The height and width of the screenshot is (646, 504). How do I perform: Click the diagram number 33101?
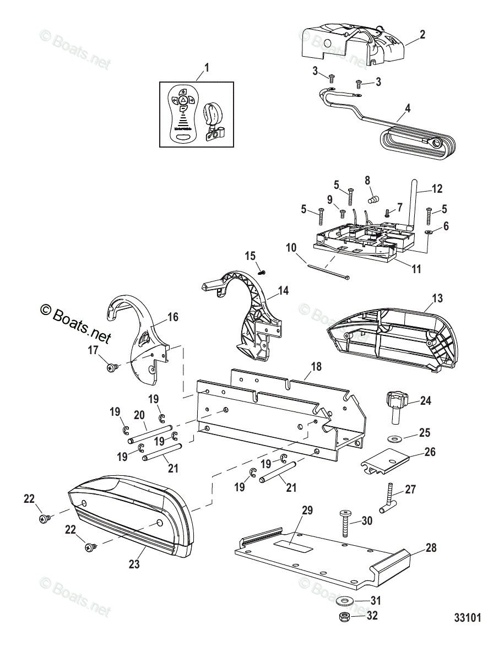468,617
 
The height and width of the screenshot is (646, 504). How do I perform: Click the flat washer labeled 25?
394,438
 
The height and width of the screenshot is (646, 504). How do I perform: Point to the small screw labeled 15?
262,270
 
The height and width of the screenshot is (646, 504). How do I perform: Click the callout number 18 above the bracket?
316,366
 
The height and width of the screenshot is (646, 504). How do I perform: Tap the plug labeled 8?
373,197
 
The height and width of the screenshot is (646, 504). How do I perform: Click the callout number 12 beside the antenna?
436,189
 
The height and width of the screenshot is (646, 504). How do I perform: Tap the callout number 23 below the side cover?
134,564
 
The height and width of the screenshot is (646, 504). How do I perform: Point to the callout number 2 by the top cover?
422,34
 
